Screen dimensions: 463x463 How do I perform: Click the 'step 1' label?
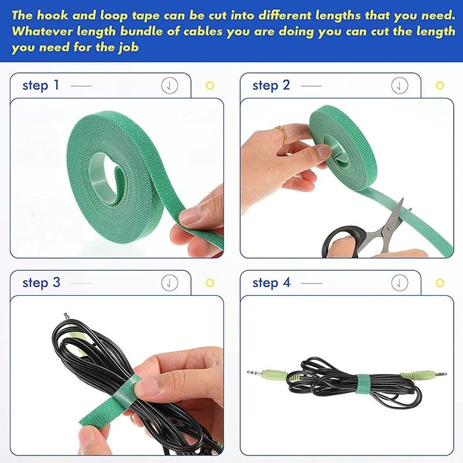pos(41,86)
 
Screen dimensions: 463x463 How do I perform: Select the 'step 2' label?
pos(271,86)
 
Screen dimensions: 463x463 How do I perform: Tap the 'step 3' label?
pos(41,283)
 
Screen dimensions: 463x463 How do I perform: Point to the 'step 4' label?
pos(271,283)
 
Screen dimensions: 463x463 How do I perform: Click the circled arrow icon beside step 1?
pos(169,86)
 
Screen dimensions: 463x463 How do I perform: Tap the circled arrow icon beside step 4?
pos(399,283)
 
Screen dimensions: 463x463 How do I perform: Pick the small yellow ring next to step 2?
pos(440,86)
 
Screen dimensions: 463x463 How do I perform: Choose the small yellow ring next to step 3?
pos(210,283)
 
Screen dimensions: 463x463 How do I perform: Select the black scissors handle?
pos(341,240)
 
